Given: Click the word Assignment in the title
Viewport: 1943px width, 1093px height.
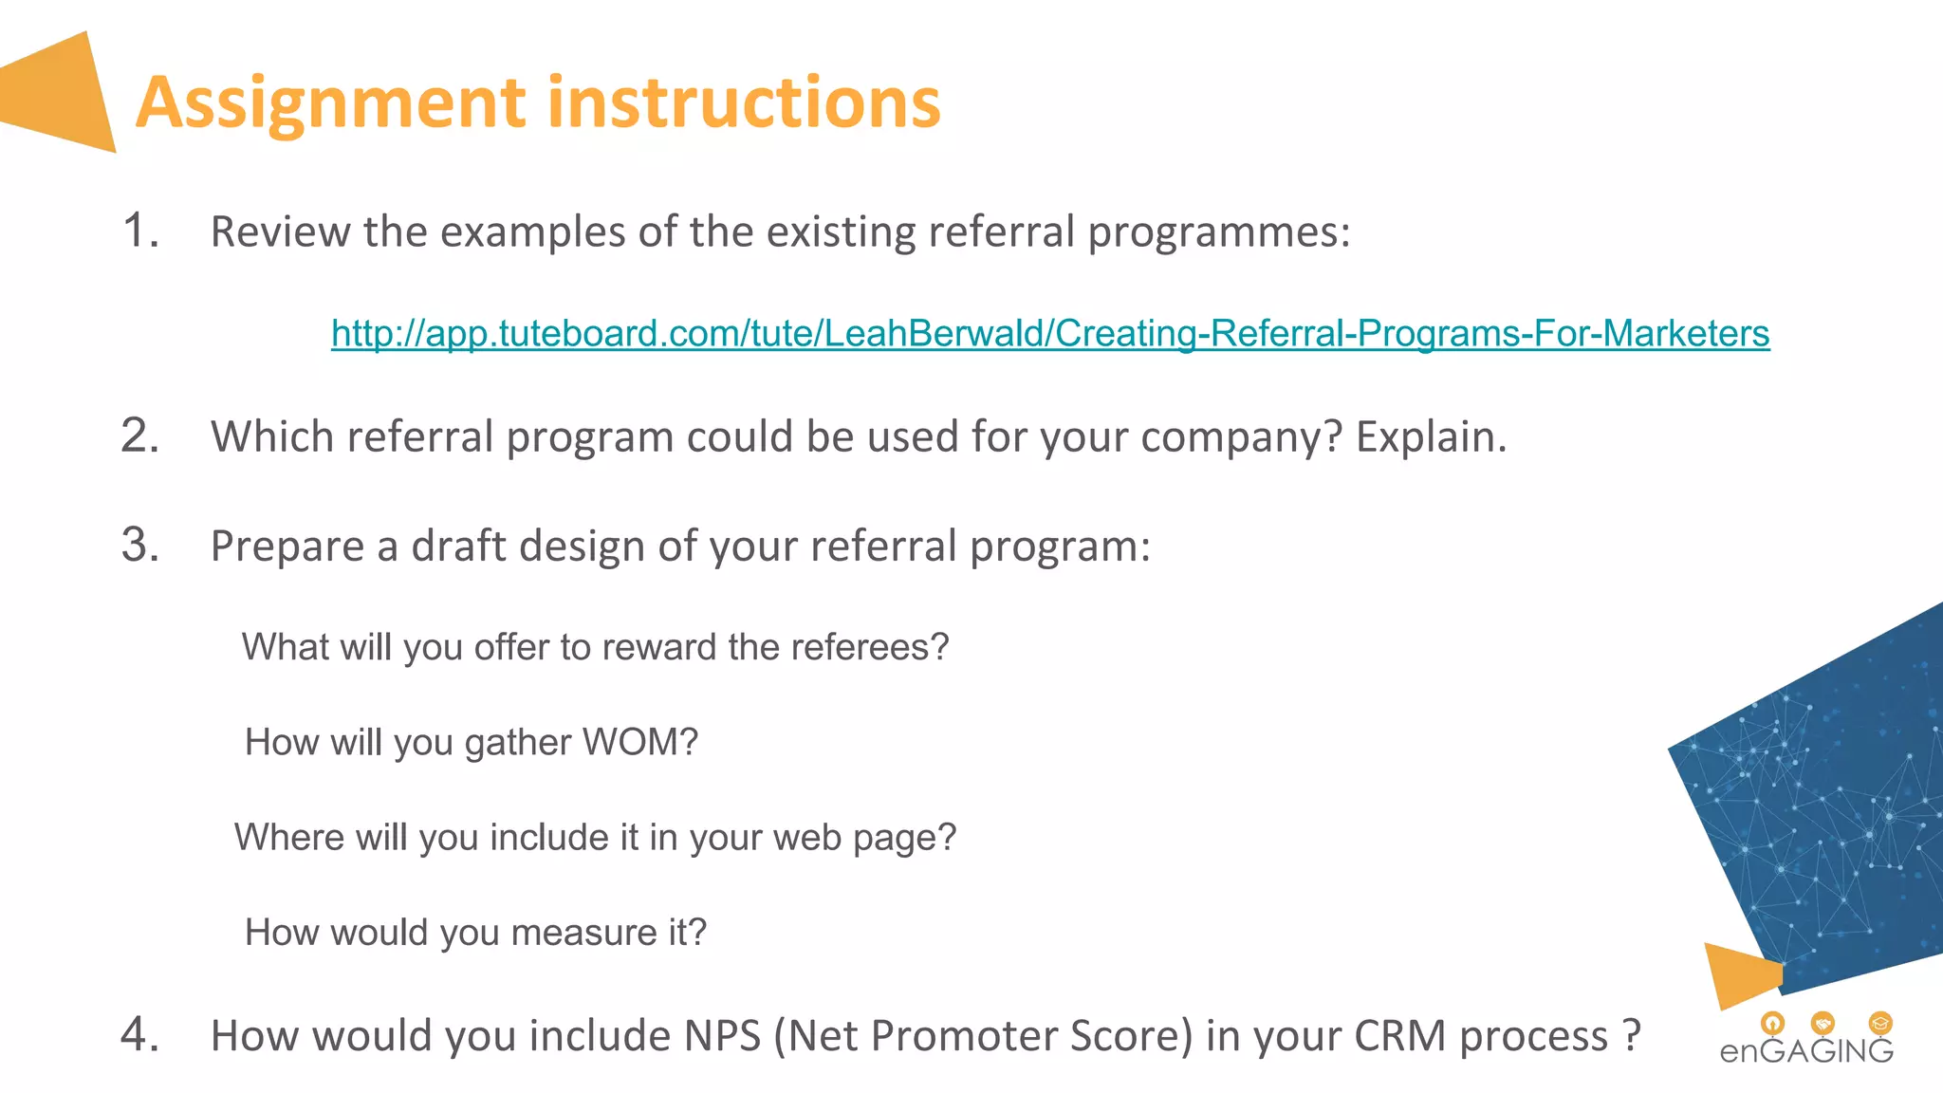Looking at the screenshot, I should click(330, 102).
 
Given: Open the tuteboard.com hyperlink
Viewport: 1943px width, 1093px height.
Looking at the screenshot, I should click(1050, 333).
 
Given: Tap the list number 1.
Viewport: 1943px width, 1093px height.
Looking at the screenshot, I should click(140, 231).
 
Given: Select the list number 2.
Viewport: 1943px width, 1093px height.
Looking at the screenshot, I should click(140, 436).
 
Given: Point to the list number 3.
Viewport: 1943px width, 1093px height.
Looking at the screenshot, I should click(140, 546).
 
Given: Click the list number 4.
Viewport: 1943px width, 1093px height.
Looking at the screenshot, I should click(140, 1034).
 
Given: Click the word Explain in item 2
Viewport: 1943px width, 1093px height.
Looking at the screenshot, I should click(1430, 436).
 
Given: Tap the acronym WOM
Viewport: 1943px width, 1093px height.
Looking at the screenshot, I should click(640, 742).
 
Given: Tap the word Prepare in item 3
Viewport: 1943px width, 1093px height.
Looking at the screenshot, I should click(287, 546).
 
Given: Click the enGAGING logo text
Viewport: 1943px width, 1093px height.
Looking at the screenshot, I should click(1805, 1050).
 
